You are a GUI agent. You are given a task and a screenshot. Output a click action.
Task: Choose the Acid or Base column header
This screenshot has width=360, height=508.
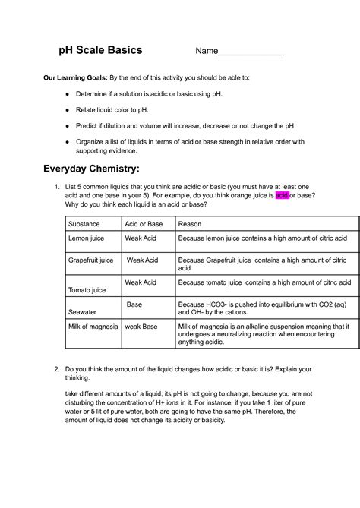coord(144,225)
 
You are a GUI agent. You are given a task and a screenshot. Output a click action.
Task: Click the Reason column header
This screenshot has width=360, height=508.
coord(189,225)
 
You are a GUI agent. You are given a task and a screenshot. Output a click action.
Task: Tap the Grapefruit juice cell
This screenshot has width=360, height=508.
coord(91,260)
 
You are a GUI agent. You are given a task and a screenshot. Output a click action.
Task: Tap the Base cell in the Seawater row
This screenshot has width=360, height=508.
coord(134,304)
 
